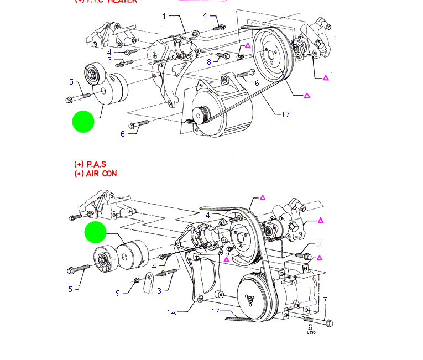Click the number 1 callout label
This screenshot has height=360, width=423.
click(164, 16)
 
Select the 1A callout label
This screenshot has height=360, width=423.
click(172, 312)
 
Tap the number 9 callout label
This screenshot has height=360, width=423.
click(118, 293)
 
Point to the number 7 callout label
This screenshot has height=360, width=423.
click(325, 299)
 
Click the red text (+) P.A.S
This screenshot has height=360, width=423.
click(90, 164)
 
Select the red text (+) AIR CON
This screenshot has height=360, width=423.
click(96, 173)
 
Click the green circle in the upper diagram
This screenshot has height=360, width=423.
click(83, 122)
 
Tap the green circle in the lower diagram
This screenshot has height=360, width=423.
click(95, 233)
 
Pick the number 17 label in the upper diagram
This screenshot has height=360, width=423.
click(285, 114)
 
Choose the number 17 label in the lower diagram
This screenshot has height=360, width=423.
click(216, 311)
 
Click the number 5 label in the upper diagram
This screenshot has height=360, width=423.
click(71, 82)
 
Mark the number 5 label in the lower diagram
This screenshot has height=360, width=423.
click(70, 289)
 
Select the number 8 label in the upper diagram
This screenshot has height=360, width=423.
click(209, 61)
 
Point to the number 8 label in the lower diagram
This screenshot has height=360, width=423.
click(318, 243)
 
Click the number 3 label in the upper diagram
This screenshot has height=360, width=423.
click(109, 60)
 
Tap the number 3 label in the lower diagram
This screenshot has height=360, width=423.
click(159, 290)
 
